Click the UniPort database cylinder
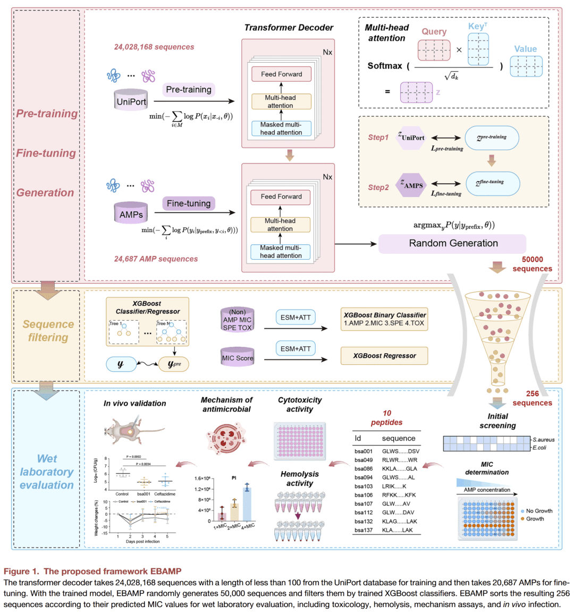click(131, 100)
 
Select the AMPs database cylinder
click(131, 213)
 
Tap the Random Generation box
click(453, 243)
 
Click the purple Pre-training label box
click(189, 89)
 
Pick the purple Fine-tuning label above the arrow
click(189, 203)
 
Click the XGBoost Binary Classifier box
click(384, 319)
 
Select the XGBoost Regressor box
click(384, 356)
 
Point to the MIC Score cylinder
click(238, 357)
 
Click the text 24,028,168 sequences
click(154, 47)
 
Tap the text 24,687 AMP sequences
click(156, 259)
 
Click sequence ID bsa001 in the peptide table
click(364, 451)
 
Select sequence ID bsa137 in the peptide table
click(364, 530)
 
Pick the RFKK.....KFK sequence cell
click(399, 495)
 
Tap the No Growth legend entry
click(539, 511)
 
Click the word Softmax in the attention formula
click(385, 66)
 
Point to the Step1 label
click(378, 137)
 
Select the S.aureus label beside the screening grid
click(543, 440)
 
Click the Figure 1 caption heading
click(92, 571)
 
